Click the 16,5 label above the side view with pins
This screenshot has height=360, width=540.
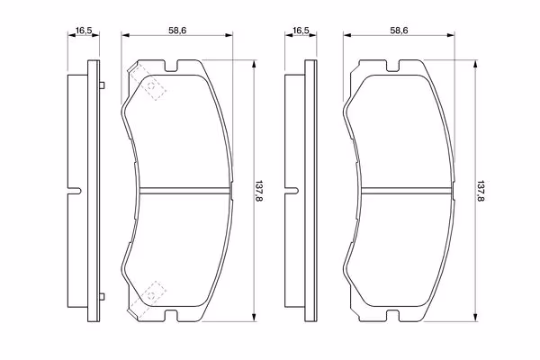tap(84, 31)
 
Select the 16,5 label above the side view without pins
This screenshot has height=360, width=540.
tap(301, 31)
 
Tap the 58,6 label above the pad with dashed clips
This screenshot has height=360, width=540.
tap(177, 31)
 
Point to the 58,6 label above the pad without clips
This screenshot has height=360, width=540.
tap(399, 31)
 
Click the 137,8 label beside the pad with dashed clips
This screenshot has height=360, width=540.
tap(258, 191)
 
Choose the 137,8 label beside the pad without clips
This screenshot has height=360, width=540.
tap(481, 191)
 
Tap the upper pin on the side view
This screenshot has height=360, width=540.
tap(102, 85)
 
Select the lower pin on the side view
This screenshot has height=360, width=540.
tap(102, 296)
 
